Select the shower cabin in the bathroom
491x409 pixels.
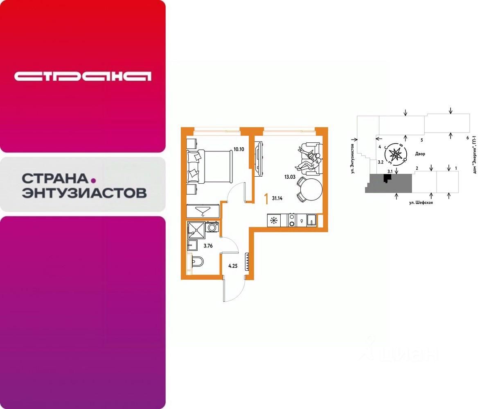click(196, 229)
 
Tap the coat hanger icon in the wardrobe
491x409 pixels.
click(203, 211)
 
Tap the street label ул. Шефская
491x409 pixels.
click(421, 202)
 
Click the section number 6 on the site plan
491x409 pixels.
click(467, 138)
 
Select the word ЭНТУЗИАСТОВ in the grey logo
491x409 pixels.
click(84, 193)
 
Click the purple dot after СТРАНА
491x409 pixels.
click(93, 179)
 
